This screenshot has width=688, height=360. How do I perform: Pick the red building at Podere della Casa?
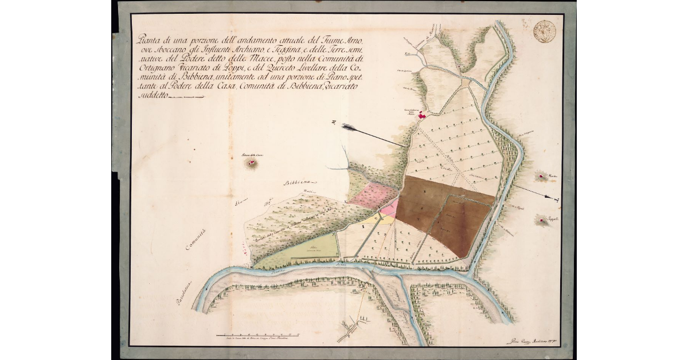[x=251, y=163]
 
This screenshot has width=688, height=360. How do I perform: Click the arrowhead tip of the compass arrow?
[x=557, y=198]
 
